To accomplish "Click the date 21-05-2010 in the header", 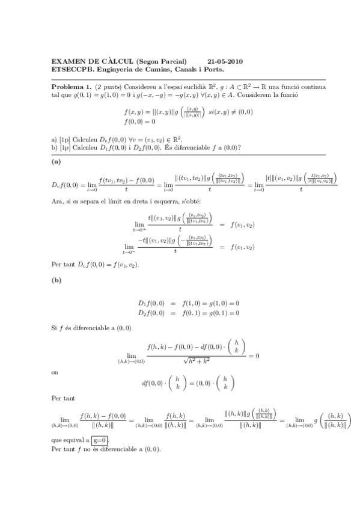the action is click(225, 62).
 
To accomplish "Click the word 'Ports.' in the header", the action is click(214, 70).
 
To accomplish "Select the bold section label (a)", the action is click(56, 162).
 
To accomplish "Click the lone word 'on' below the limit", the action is click(55, 372).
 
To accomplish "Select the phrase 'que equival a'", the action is click(70, 440).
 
